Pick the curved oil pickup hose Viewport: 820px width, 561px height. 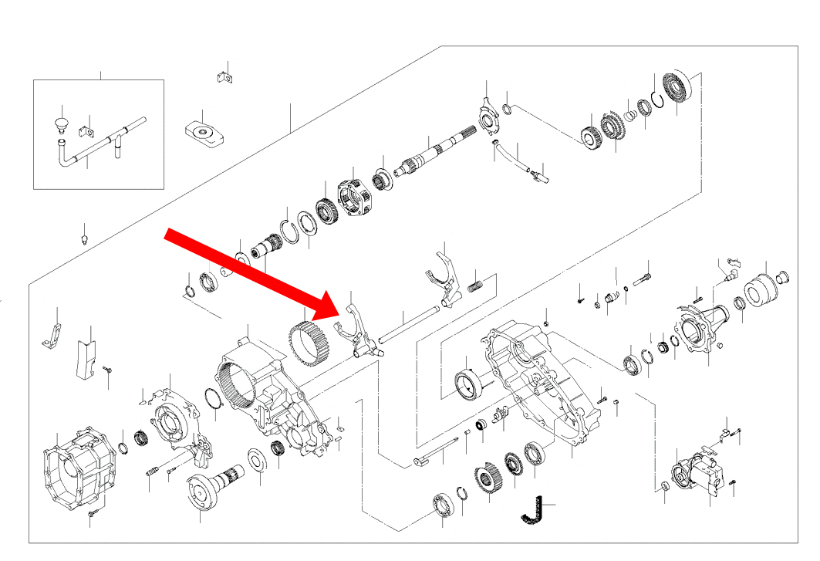509,154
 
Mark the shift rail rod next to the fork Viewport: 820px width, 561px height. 409,324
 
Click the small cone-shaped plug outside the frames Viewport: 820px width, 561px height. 84,234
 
